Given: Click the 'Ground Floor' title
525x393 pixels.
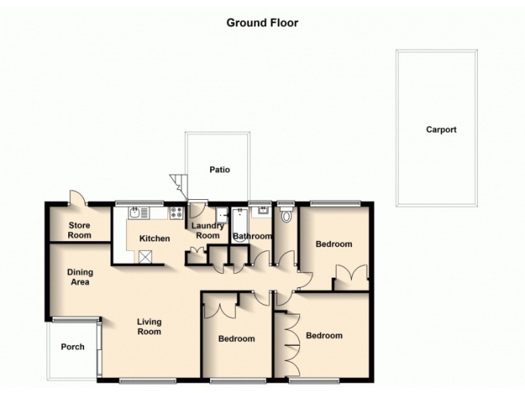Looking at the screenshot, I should tap(262, 23).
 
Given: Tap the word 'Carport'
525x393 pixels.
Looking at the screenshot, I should tap(441, 130).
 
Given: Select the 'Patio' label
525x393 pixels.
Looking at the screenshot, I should tap(219, 170).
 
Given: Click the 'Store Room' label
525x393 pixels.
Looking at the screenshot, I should tap(79, 230).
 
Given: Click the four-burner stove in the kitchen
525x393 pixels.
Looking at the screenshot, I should tap(176, 212).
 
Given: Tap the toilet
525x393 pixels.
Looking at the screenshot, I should tap(285, 215).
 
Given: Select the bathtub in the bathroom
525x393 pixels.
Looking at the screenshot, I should tap(239, 224).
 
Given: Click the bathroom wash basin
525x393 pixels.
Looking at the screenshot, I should tap(263, 212).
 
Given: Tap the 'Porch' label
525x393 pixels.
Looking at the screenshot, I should tap(72, 346).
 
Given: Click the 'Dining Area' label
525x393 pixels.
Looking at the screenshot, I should tap(79, 277).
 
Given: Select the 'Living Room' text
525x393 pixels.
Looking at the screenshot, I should tap(149, 326).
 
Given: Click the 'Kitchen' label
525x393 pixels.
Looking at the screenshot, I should tap(155, 238).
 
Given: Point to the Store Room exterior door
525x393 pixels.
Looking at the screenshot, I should tap(76, 198).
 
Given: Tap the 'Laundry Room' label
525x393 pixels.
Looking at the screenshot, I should tap(207, 231).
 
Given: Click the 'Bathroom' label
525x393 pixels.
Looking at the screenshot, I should tap(253, 236).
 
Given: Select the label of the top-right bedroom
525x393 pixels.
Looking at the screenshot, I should tap(333, 244).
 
